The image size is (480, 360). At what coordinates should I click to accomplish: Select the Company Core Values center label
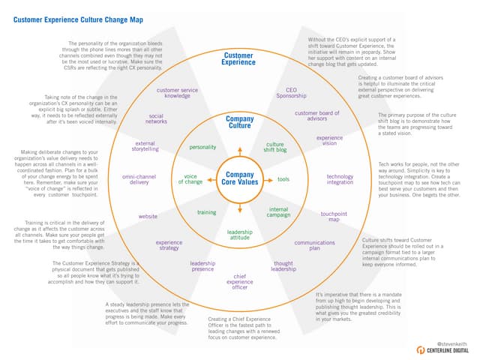pos(239,179)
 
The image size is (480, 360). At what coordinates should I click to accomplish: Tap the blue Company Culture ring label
pos(239,123)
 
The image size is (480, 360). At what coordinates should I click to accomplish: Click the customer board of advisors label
pos(317,115)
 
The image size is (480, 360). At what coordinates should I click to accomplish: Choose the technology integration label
pos(340,180)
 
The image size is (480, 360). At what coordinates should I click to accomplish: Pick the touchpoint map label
pos(334,217)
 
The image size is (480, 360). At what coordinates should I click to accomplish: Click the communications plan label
pos(314,247)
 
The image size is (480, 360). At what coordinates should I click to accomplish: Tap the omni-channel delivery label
pos(139,179)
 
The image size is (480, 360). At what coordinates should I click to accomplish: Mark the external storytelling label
pos(145,146)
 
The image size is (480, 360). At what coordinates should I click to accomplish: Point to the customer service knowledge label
pos(177,93)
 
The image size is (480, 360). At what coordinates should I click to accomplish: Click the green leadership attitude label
pos(239,235)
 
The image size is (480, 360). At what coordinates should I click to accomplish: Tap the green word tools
pos(283,180)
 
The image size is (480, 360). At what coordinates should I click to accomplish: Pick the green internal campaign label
pos(278,212)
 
